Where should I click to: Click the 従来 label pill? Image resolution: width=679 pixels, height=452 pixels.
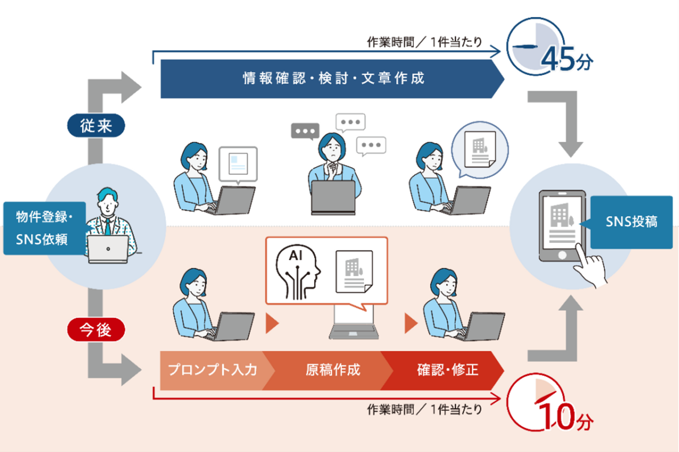click(96, 126)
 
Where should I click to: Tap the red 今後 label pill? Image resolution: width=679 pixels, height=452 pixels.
click(96, 329)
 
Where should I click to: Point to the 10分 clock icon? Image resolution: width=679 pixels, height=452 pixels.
click(536, 402)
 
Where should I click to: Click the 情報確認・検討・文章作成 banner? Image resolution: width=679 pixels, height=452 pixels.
click(332, 78)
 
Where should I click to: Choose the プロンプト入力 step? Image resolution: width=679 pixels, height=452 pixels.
click(213, 370)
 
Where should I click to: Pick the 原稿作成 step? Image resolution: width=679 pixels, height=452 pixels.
click(332, 370)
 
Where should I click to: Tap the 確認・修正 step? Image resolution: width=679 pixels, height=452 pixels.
click(447, 370)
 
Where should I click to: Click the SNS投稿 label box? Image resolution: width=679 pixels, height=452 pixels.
click(631, 222)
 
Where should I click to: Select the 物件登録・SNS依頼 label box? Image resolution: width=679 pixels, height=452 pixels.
click(44, 228)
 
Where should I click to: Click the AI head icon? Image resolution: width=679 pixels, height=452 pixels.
click(297, 273)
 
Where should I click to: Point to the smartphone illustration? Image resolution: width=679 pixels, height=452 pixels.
click(562, 226)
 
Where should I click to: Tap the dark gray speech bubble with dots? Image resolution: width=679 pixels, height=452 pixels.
click(305, 131)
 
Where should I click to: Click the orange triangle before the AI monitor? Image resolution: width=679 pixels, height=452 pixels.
click(272, 323)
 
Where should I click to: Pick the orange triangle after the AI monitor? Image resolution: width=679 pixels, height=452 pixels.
click(410, 323)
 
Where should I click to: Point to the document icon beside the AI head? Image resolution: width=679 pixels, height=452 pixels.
click(354, 272)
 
